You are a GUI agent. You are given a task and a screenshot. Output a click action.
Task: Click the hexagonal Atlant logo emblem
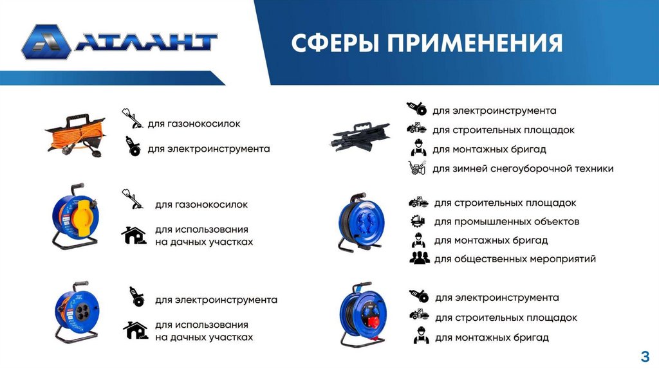46,42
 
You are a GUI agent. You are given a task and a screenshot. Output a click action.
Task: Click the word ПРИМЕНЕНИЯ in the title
475,43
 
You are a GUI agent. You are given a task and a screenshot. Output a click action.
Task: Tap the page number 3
645,356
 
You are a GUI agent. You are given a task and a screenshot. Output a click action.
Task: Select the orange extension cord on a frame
76,135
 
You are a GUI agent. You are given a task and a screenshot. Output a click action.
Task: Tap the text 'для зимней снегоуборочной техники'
523,169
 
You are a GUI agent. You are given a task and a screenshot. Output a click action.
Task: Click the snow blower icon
417,168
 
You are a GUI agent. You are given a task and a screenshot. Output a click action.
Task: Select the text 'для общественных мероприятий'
515,259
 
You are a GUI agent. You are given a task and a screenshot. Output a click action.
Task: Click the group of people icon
420,258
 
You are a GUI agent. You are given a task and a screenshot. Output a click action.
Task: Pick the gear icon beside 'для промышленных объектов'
418,221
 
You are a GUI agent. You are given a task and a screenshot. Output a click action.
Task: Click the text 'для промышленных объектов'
506,222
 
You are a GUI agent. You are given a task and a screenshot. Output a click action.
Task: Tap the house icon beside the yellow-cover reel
134,235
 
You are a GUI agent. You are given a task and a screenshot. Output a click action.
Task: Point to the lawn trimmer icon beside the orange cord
133,118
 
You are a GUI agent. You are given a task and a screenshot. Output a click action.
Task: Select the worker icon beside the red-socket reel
421,336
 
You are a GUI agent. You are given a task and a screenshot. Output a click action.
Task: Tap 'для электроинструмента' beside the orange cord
209,149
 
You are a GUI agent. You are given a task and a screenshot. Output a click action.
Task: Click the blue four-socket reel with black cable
360,222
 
